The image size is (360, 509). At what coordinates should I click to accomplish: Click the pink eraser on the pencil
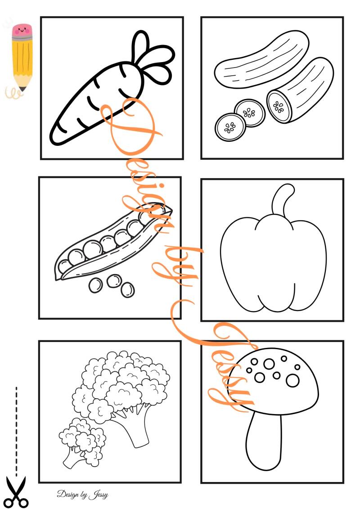(22, 31)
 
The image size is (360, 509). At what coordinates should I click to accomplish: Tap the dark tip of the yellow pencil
(22, 89)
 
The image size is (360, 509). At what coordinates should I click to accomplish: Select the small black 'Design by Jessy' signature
(82, 495)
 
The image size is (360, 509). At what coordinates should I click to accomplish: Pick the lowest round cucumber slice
(230, 127)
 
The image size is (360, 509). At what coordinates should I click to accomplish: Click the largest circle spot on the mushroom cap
(292, 380)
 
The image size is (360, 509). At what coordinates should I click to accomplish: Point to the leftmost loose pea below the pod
(95, 285)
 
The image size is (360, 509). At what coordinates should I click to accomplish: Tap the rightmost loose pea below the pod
(127, 289)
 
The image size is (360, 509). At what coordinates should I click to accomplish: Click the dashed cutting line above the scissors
(16, 428)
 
